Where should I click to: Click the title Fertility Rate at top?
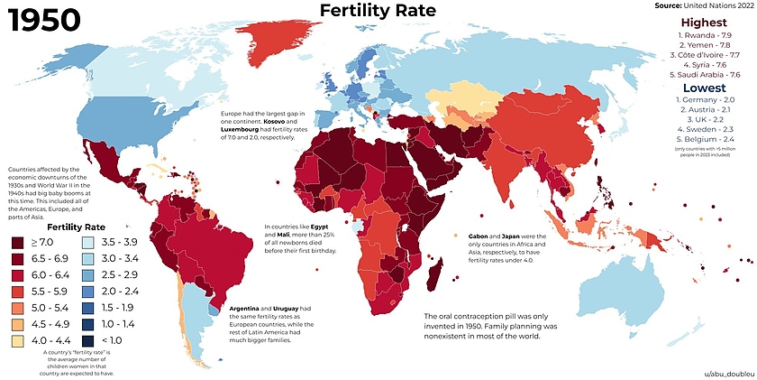click(378, 11)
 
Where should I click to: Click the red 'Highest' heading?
click(705, 22)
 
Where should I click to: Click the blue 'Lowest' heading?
click(705, 89)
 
